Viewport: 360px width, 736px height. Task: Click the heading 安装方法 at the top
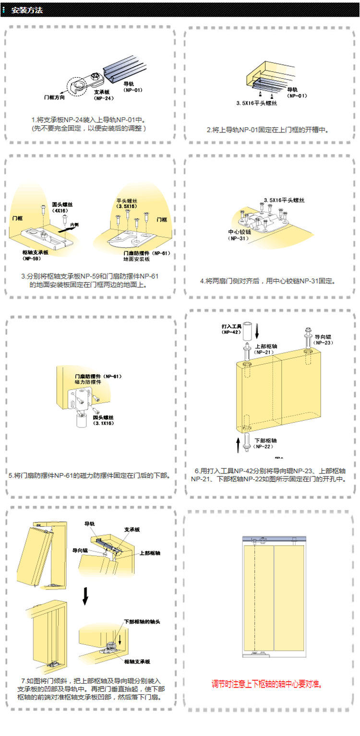click(x=27, y=10)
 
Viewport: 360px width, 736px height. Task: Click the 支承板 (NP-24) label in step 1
click(x=103, y=95)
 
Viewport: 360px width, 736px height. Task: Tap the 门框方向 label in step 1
click(x=54, y=97)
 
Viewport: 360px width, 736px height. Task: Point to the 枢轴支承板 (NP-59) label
click(x=35, y=255)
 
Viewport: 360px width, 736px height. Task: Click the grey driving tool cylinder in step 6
click(x=248, y=331)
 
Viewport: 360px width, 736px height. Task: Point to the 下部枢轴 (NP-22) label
click(x=265, y=443)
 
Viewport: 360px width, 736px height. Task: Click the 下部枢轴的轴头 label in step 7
click(x=142, y=621)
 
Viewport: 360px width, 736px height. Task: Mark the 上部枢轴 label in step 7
click(x=150, y=553)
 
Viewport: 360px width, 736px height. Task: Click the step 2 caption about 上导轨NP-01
click(x=268, y=130)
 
